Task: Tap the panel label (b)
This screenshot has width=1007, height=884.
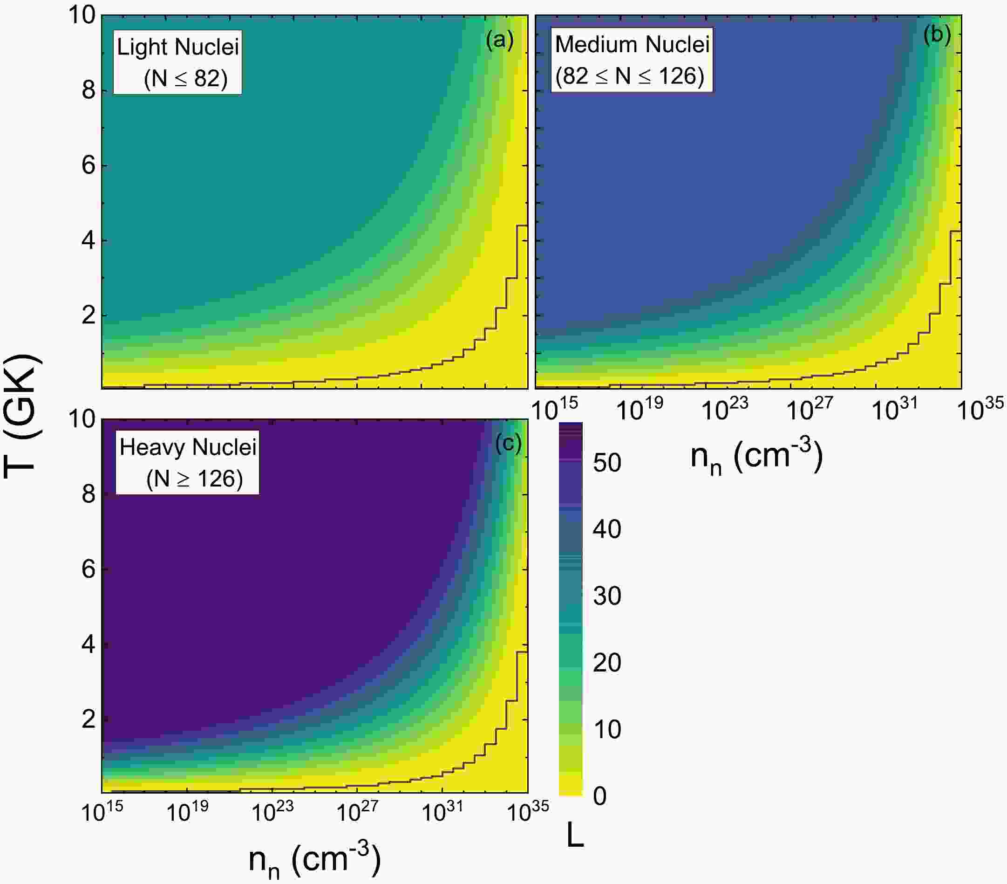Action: click(937, 35)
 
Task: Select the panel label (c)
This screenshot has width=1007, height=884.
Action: click(508, 444)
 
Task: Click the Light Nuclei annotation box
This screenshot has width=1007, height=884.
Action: click(177, 62)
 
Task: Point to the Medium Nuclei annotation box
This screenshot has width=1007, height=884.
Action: click(632, 60)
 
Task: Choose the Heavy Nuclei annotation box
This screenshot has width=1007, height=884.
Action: click(187, 462)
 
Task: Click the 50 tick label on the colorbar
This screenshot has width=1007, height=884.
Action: click(606, 463)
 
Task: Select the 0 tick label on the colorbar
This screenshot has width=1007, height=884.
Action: click(599, 796)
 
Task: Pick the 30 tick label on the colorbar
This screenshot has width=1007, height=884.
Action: click(606, 596)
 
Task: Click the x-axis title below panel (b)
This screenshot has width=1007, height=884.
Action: click(757, 458)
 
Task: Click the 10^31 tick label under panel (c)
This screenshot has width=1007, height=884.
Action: click(442, 811)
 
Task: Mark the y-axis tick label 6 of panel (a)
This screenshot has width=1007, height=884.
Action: click(88, 165)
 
